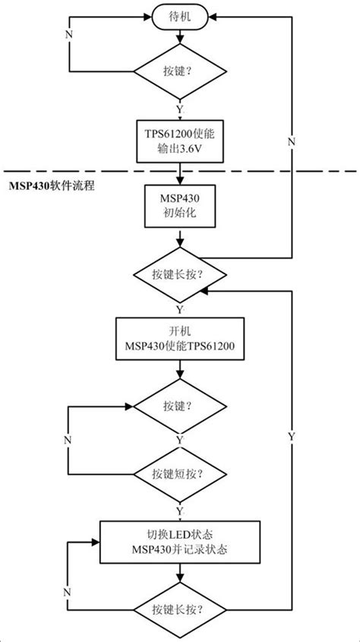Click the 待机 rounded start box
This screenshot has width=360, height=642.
179,14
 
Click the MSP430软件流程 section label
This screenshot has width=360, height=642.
51,185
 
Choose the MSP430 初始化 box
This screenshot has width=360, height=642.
179,206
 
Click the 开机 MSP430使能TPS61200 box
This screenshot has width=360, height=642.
179,339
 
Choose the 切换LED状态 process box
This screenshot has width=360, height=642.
179,541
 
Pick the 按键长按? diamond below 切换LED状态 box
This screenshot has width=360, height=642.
179,609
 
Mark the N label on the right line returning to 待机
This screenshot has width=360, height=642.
291,142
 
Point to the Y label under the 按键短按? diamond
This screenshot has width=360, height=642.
180,508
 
